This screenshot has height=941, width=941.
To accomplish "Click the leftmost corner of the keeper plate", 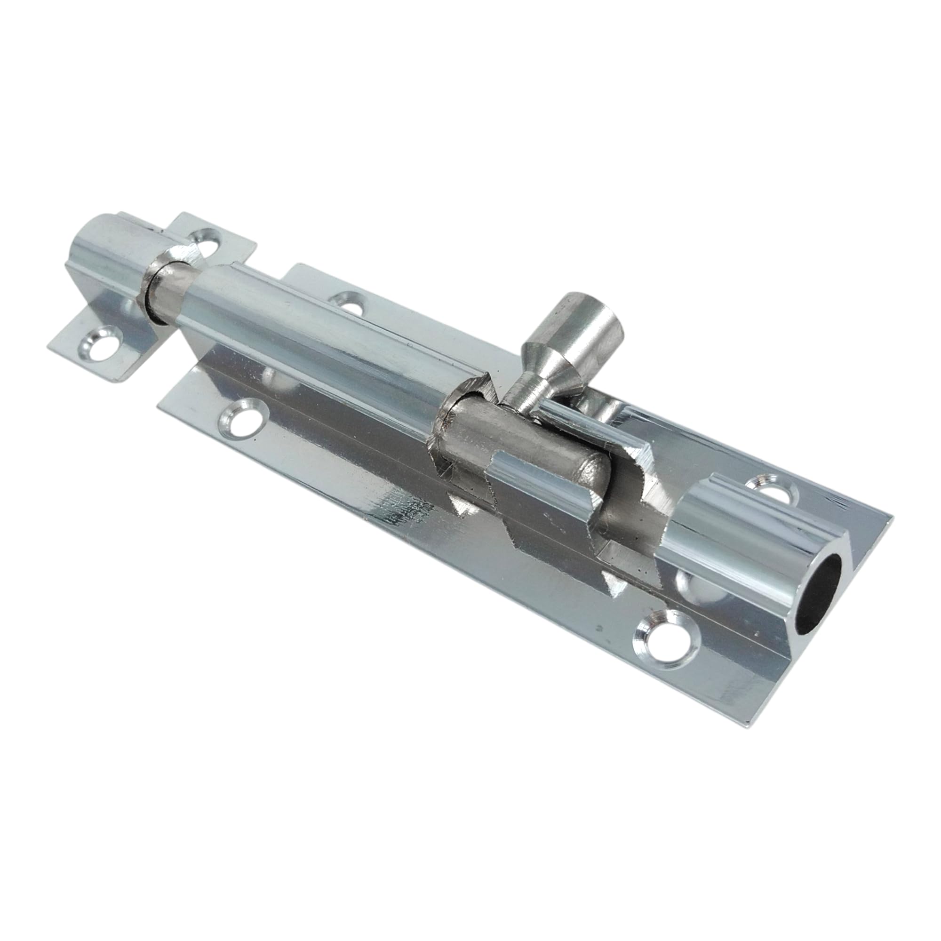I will (x=49, y=347).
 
